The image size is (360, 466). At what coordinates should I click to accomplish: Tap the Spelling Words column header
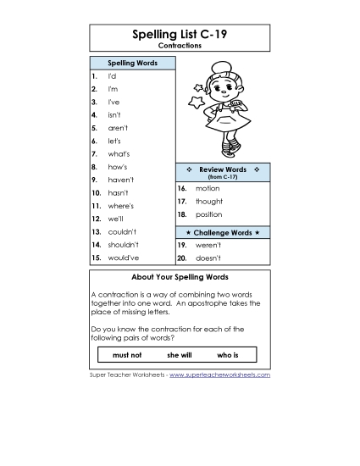tap(131, 64)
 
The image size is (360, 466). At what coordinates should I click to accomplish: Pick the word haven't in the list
tap(121, 180)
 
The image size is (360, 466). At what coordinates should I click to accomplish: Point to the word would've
tap(123, 258)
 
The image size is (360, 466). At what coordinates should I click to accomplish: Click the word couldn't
tap(122, 231)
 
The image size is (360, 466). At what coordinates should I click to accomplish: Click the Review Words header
tap(223, 169)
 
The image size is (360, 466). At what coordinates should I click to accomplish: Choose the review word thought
tap(209, 202)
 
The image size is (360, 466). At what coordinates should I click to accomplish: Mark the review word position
tap(209, 214)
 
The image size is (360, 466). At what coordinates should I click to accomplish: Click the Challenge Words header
tap(223, 232)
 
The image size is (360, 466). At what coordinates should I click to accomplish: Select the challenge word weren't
tap(208, 245)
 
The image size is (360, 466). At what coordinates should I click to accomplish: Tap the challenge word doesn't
tap(208, 258)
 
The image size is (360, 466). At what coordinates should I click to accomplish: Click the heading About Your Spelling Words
tap(180, 277)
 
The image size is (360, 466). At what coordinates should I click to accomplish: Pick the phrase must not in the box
tap(127, 354)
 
